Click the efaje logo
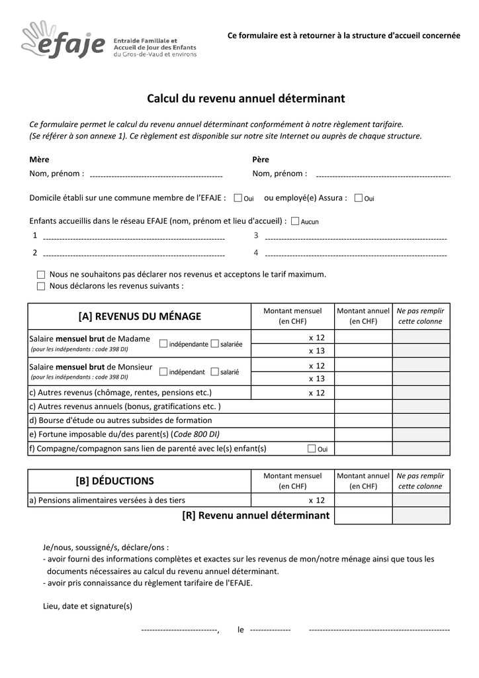(63, 41)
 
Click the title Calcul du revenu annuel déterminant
(245, 99)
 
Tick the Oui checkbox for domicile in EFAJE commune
(238, 198)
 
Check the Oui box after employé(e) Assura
(359, 198)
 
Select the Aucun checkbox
(295, 221)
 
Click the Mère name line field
(155, 175)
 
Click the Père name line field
(383, 175)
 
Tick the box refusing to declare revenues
(41, 274)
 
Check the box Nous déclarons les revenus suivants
(41, 287)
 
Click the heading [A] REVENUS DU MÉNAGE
(139, 316)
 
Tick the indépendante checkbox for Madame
(163, 344)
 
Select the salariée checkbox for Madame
(214, 344)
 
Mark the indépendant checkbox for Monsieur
(163, 371)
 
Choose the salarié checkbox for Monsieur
(214, 371)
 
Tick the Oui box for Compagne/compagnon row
(312, 449)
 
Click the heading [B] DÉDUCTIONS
(114, 481)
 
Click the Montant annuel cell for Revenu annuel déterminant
(363, 516)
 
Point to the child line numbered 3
(355, 236)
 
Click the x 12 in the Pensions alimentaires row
(317, 501)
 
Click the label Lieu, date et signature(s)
(87, 606)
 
